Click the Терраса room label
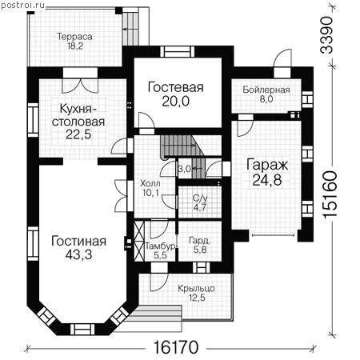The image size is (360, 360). [75, 37]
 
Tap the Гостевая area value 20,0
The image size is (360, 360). [176, 102]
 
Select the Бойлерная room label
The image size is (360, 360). [266, 90]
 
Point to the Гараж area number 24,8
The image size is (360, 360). [267, 180]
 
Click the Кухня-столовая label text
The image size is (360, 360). [78, 115]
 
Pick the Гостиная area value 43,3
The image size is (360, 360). [79, 255]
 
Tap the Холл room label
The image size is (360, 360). [150, 183]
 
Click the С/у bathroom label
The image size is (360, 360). [200, 198]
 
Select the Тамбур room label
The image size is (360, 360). [160, 246]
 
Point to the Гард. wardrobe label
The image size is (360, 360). [200, 241]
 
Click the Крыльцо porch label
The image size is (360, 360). [196, 288]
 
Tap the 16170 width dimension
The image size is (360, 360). [176, 347]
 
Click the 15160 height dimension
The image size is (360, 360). [330, 194]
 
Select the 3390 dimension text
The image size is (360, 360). [326, 35]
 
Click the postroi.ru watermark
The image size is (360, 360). [22, 6]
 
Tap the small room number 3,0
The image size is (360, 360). [185, 169]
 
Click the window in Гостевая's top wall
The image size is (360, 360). [178, 51]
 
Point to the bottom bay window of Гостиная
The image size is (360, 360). [82, 329]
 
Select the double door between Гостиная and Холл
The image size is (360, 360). [122, 196]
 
